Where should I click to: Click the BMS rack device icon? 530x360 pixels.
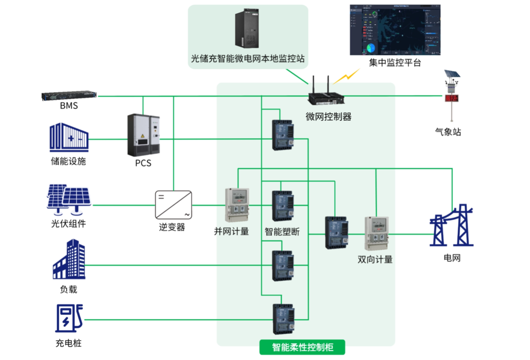click(x=69, y=96)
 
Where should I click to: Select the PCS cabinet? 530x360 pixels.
click(x=143, y=135)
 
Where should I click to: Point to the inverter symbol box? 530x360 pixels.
click(x=173, y=206)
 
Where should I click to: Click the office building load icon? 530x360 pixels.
click(x=69, y=260)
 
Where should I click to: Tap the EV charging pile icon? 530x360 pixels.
click(x=68, y=319)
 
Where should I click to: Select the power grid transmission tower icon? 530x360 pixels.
click(x=451, y=225)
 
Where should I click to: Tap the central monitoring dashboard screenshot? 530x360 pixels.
click(x=395, y=30)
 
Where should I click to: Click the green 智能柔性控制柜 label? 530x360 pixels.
click(x=302, y=347)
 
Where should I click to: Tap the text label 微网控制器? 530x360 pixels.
click(x=328, y=117)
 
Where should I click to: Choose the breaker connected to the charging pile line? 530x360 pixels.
click(x=283, y=319)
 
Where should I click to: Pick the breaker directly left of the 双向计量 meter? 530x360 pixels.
click(x=337, y=232)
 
